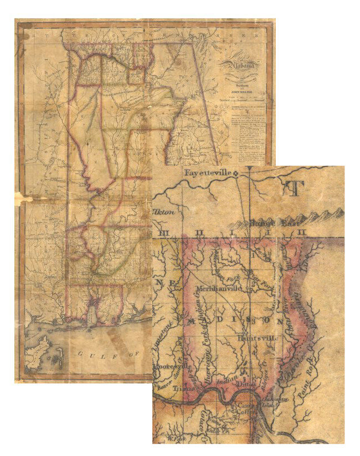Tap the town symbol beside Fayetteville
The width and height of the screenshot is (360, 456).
(236, 173)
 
